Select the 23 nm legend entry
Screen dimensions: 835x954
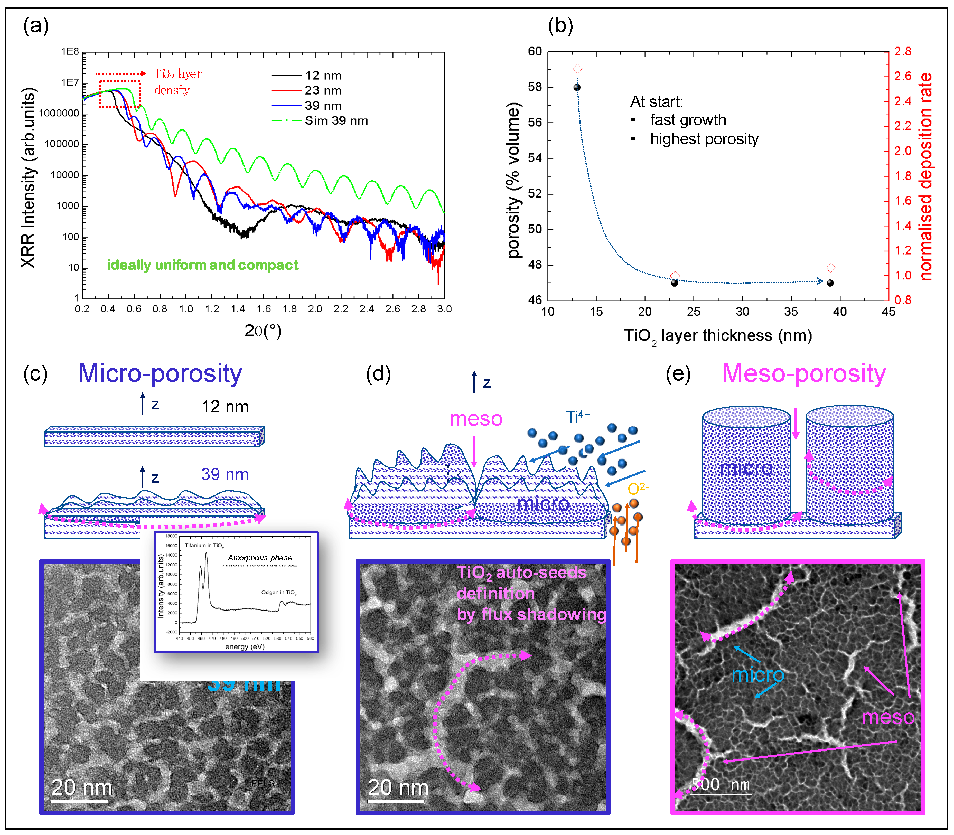coord(323,90)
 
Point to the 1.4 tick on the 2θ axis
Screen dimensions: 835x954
coord(238,308)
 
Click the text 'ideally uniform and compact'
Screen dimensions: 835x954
coord(203,265)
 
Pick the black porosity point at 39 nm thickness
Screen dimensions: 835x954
coord(830,283)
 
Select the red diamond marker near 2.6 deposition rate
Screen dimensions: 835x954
coord(577,69)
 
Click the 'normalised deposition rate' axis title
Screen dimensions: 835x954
coord(926,177)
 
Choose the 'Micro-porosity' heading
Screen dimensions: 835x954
coord(160,374)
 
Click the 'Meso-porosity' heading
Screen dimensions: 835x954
coord(803,374)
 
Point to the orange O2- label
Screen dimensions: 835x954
coord(638,488)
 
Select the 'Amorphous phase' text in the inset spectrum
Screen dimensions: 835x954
coord(260,558)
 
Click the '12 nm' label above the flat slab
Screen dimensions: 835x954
coord(225,406)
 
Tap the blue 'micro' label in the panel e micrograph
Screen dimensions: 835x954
coord(758,675)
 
